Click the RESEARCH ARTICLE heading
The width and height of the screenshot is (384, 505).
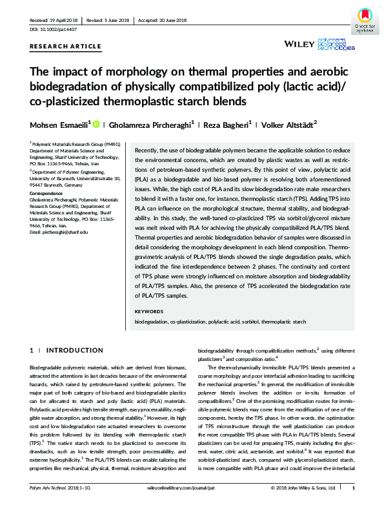(x=66, y=46)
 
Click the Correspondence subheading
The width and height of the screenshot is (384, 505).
(x=47, y=193)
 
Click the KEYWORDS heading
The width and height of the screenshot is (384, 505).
(x=149, y=311)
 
